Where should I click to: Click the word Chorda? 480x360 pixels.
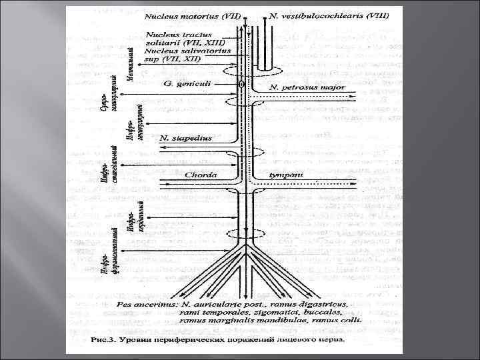click(199, 175)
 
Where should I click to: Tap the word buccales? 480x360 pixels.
click(307, 311)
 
